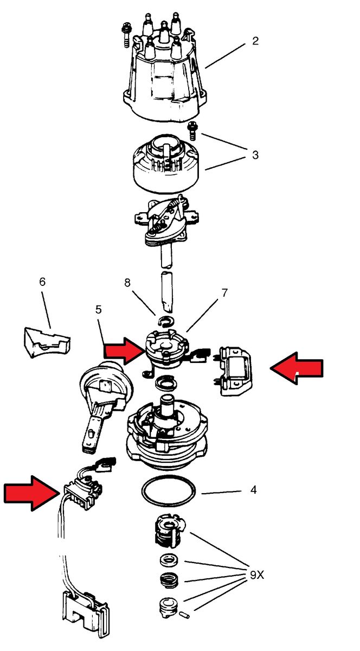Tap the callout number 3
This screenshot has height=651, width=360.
[255, 155]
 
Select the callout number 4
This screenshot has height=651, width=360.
[253, 490]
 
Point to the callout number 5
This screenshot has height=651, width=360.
[98, 310]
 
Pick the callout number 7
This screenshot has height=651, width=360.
[223, 293]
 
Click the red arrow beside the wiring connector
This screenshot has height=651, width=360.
[30, 492]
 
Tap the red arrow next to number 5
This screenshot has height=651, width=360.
[124, 350]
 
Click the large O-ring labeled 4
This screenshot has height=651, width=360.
[168, 492]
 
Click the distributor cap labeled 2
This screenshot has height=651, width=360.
[163, 81]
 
